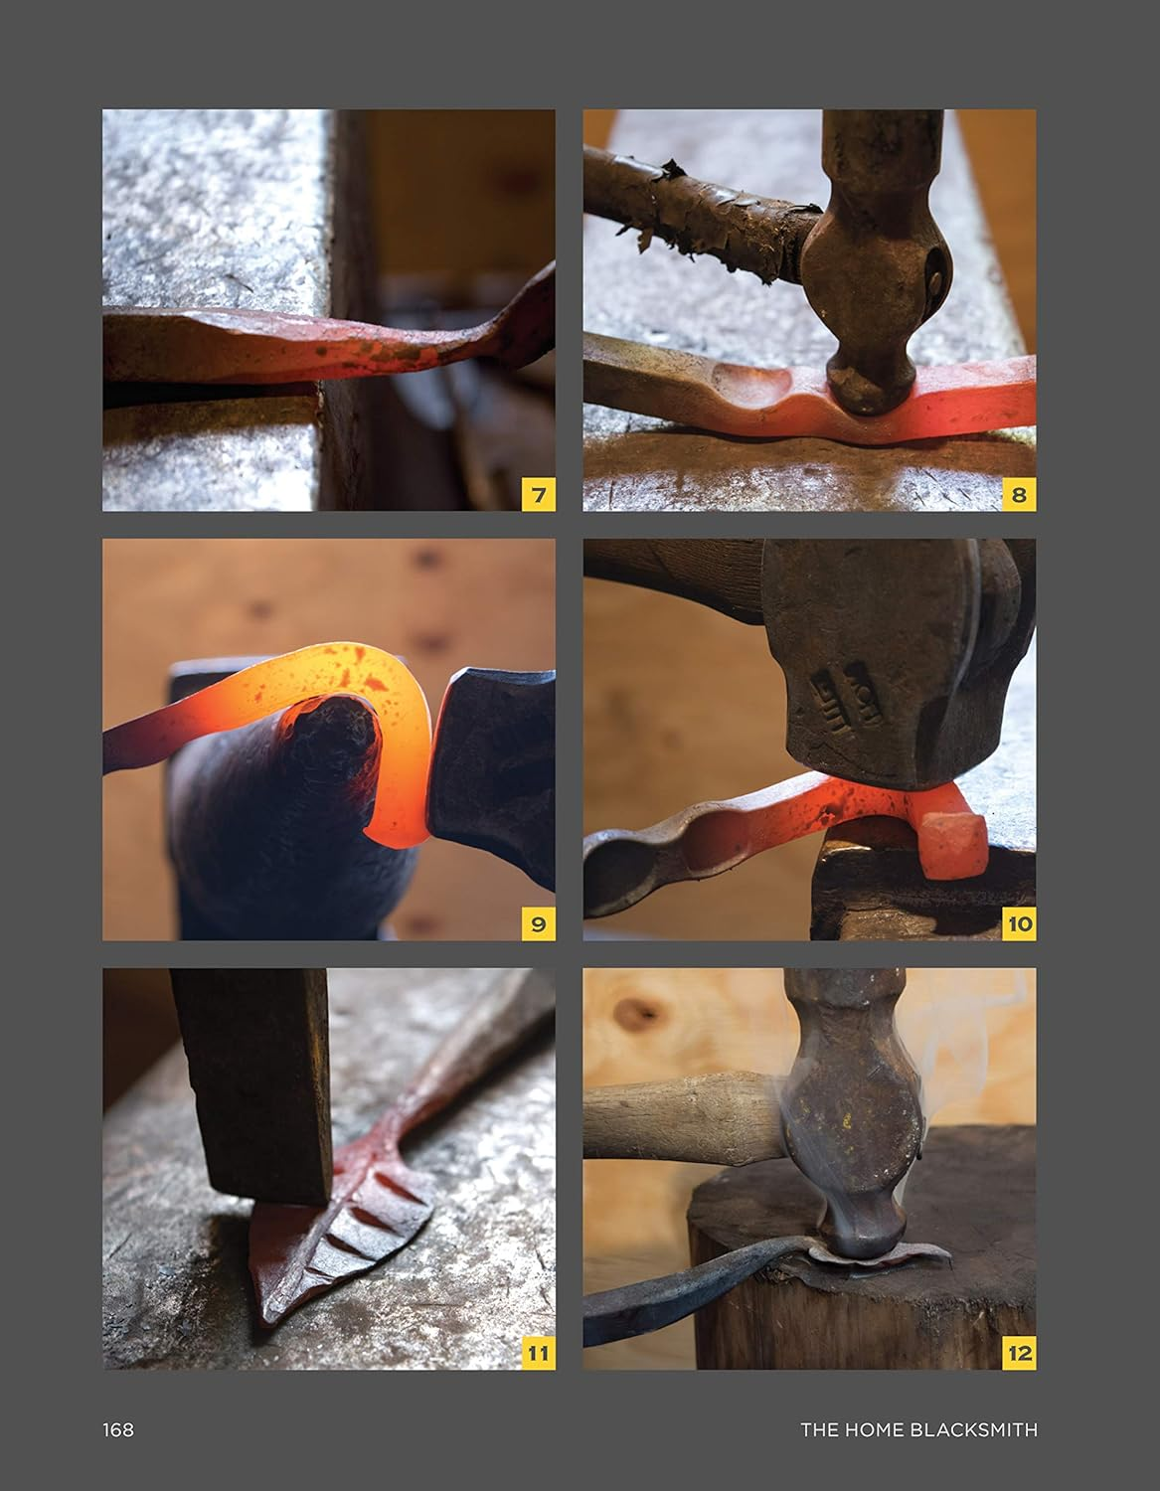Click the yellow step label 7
pos(539,494)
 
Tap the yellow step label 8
pos(1019,494)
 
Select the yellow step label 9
pos(539,923)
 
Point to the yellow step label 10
pos(1019,923)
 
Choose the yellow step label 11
pos(539,1353)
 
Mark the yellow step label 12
pos(1019,1353)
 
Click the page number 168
pos(117,1430)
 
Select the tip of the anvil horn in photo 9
pos(348,726)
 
